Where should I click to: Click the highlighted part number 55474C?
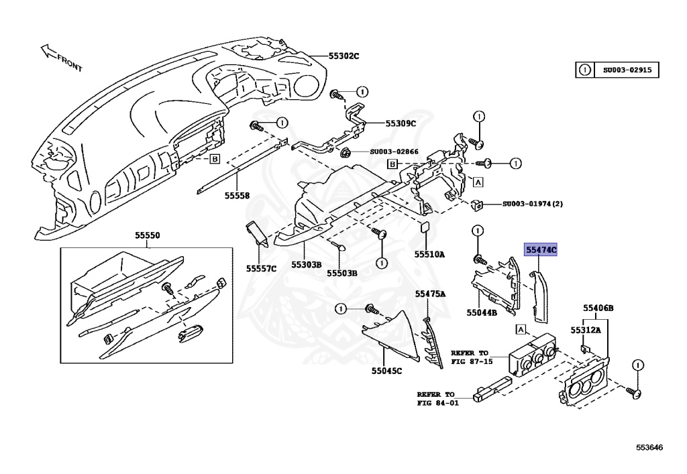(541, 250)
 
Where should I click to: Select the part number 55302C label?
(343, 56)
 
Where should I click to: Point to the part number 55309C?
(401, 123)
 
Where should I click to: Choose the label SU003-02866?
(394, 152)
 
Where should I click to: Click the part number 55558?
(237, 196)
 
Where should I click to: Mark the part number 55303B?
(306, 264)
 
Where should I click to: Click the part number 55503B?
(342, 273)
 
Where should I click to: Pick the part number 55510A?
(429, 254)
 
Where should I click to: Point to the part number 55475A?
(430, 294)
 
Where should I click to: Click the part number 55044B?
(482, 312)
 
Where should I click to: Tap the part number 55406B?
(598, 308)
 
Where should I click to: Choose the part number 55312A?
(586, 331)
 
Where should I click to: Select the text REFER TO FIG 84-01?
(437, 398)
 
